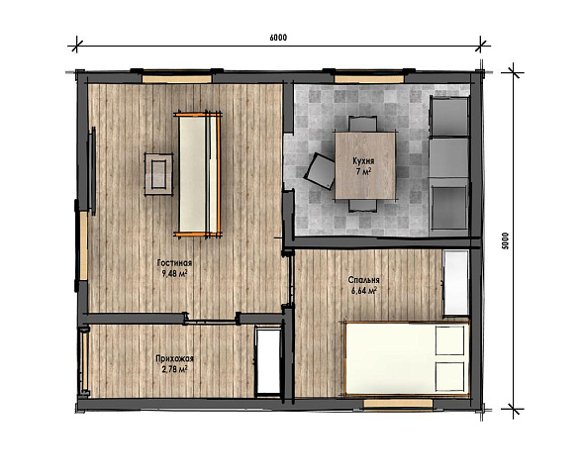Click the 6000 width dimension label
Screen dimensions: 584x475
click(278, 38)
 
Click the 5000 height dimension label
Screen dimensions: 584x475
click(505, 240)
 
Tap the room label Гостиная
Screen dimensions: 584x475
click(174, 263)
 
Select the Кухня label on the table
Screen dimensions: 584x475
click(363, 161)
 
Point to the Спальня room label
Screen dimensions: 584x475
click(364, 280)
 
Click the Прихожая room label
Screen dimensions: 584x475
click(174, 359)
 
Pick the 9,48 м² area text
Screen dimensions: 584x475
click(174, 274)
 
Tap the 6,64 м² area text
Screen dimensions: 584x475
click(364, 290)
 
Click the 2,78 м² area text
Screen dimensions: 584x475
click(174, 369)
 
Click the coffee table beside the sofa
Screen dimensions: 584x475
click(158, 174)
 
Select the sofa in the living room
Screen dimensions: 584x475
click(198, 174)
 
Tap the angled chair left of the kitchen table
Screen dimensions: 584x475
click(320, 171)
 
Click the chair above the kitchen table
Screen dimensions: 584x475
click(362, 124)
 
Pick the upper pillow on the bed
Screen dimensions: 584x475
click(450, 340)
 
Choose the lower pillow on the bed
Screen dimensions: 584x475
click(450, 377)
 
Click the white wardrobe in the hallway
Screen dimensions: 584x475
click(268, 361)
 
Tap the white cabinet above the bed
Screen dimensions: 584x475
click(456, 283)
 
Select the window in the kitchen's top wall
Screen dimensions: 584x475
click(369, 79)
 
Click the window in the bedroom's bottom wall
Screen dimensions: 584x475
click(398, 404)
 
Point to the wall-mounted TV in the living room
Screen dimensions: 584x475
click(91, 171)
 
